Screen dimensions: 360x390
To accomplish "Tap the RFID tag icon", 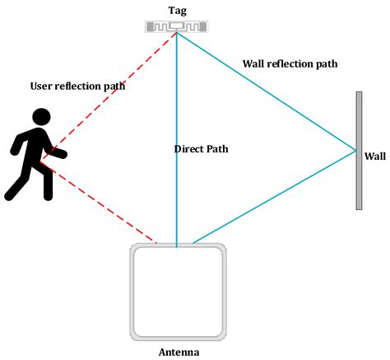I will [176, 26].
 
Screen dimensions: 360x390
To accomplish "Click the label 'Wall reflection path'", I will [290, 63].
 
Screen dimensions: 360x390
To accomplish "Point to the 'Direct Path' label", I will [201, 149].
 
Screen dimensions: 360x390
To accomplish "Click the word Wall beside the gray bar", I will [374, 154].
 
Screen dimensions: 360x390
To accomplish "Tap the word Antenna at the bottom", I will [178, 351].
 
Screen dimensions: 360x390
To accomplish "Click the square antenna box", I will [178, 292].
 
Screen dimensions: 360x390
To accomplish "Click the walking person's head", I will [40, 119].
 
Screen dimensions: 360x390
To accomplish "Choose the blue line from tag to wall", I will [263, 91].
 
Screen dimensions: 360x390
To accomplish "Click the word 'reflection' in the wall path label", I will [290, 63].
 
